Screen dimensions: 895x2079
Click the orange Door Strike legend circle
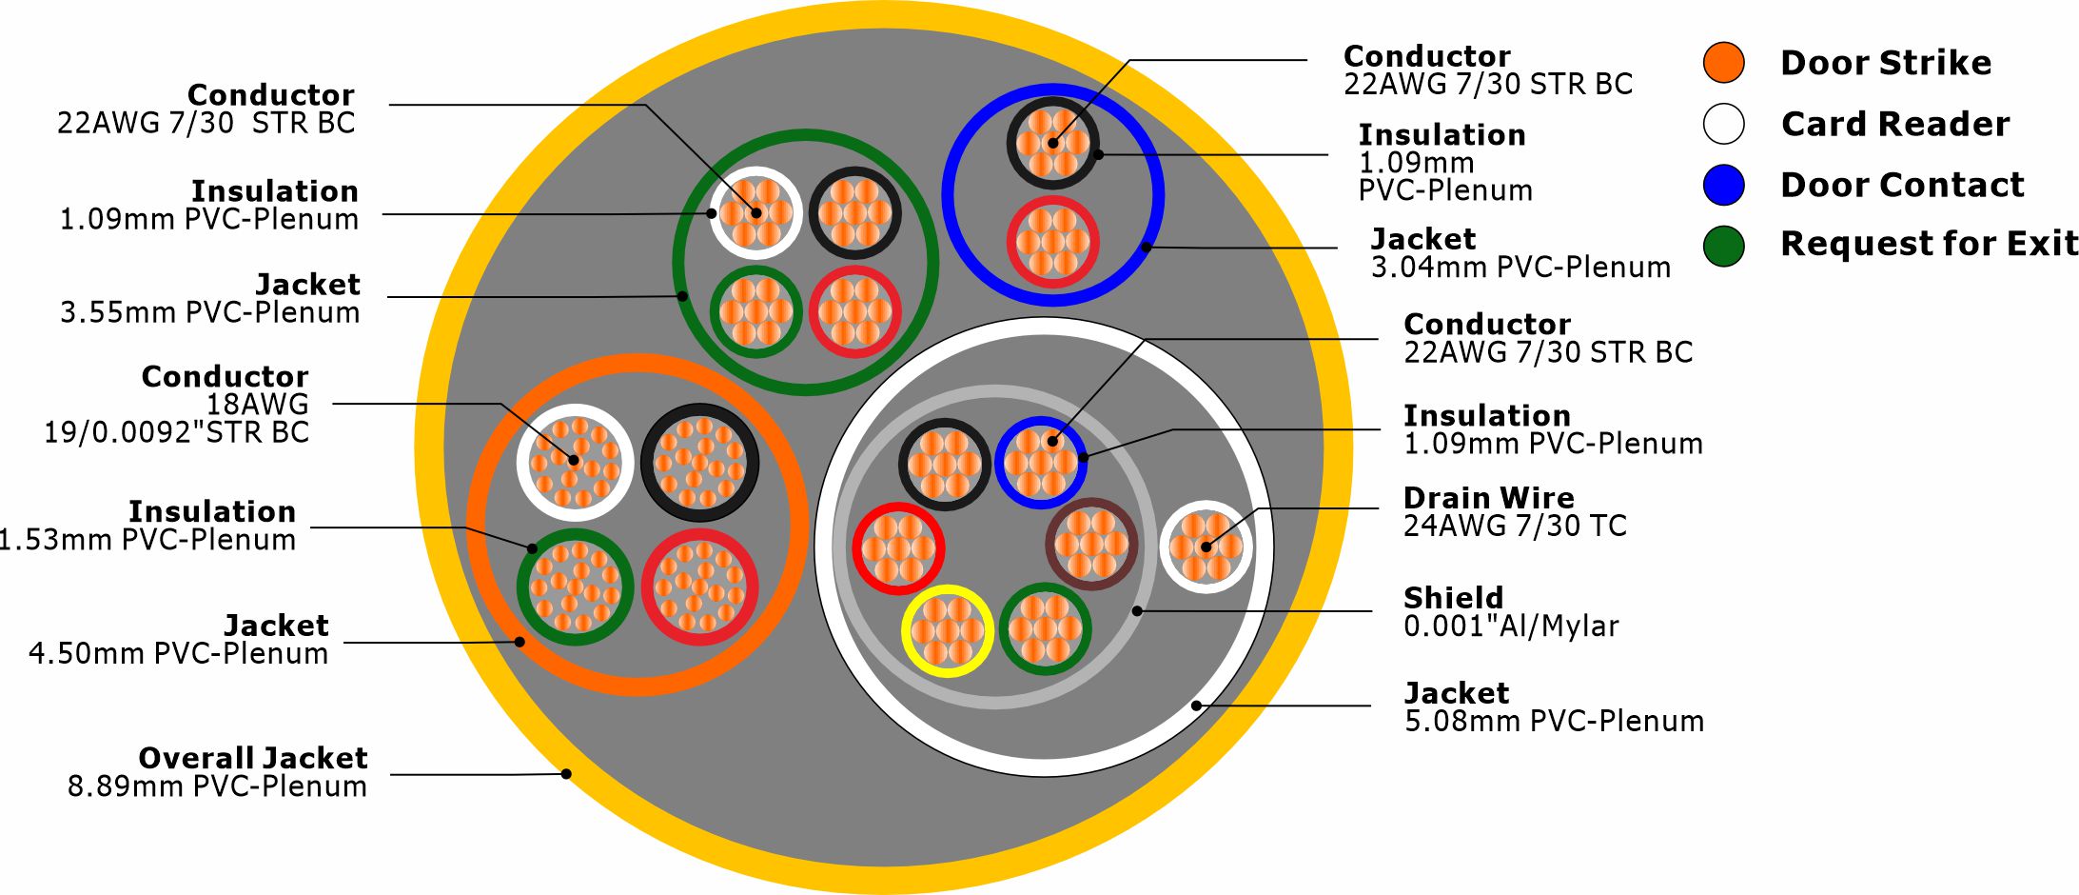[1723, 63]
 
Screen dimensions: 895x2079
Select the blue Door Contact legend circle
[1723, 185]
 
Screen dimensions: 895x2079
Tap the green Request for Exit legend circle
[1723, 246]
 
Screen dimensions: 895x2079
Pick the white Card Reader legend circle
[1723, 124]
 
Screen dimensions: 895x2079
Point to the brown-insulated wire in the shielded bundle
[1091, 545]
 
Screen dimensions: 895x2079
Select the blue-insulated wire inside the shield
[1041, 463]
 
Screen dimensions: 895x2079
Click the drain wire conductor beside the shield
[1206, 547]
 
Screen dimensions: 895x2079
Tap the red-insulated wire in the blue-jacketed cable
[1052, 242]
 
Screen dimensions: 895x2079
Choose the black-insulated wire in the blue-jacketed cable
[1052, 144]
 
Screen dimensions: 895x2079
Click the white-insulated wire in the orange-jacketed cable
[574, 463]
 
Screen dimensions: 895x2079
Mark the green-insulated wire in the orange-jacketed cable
[574, 587]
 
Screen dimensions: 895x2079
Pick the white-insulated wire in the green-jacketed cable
[755, 212]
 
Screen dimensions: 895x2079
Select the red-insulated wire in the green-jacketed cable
[854, 311]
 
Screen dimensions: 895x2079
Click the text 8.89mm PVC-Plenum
[217, 786]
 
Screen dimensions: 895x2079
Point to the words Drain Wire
[1488, 497]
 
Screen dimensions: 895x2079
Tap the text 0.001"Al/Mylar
[1511, 626]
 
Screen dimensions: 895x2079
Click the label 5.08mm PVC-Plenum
[1554, 721]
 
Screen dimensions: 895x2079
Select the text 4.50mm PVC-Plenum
[178, 653]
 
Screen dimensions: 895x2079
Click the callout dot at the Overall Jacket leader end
[566, 773]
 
